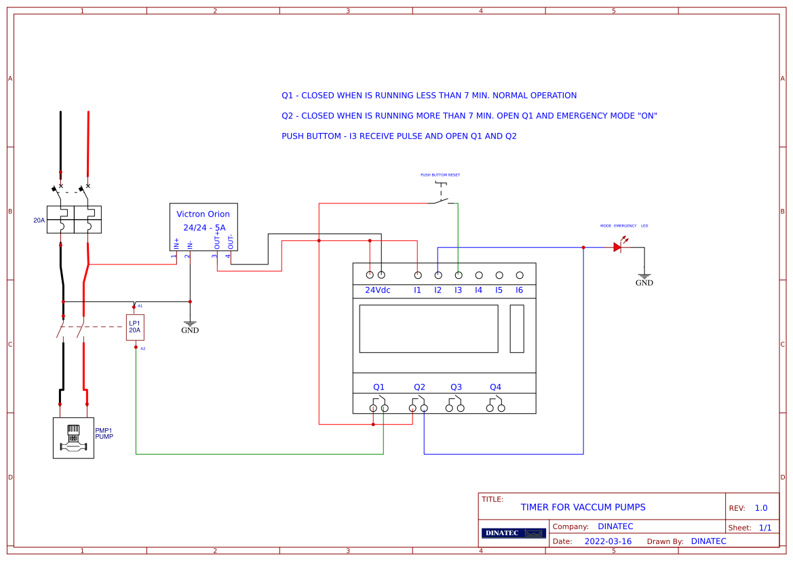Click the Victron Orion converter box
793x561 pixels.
coord(204,227)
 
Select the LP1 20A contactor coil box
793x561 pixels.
coord(135,327)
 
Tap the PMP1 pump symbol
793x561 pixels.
coord(73,438)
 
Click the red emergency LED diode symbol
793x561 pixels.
coord(618,247)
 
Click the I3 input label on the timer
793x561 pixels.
coord(459,290)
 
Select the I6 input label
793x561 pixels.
coord(520,290)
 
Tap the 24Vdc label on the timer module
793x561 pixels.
coord(378,290)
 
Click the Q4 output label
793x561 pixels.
coord(495,387)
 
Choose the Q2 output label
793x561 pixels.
coord(419,387)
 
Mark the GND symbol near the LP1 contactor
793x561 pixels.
coord(190,326)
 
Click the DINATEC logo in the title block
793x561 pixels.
coord(514,533)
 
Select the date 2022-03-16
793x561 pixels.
coord(608,541)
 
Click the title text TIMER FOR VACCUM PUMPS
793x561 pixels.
coord(583,507)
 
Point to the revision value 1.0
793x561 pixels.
coord(761,508)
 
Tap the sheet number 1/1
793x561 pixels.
coord(765,528)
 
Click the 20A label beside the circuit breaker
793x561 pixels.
coord(39,220)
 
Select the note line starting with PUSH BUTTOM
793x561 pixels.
coord(399,136)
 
